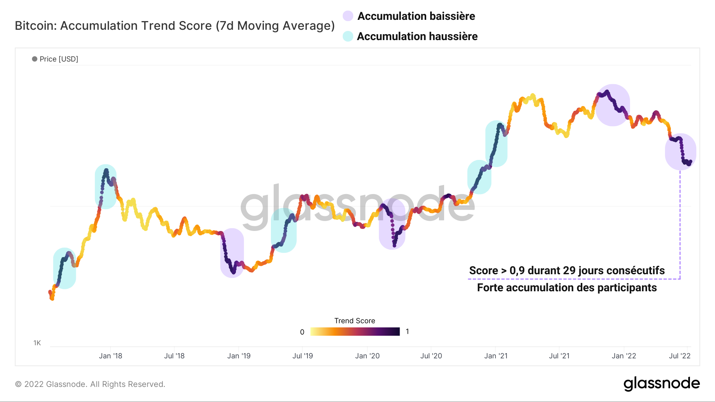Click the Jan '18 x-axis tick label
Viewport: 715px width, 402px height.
110,356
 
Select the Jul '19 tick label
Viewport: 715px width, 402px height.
303,356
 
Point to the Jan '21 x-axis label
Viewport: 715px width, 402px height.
496,356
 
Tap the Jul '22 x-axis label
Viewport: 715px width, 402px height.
680,356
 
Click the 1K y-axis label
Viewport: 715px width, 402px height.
37,343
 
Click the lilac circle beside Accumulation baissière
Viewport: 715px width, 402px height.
348,16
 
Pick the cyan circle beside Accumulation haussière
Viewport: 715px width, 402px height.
348,37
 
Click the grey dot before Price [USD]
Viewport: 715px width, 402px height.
35,59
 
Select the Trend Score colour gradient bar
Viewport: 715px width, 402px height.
355,332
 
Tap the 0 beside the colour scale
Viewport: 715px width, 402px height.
302,332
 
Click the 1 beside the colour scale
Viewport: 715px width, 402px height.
407,331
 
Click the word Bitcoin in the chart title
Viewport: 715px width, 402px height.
35,26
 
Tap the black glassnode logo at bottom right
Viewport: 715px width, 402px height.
661,384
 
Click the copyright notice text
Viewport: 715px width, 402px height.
90,384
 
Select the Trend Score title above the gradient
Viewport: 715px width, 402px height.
355,321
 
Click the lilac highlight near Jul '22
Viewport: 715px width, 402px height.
681,152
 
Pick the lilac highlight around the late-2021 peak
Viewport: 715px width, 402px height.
613,105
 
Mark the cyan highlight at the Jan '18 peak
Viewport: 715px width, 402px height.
106,187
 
